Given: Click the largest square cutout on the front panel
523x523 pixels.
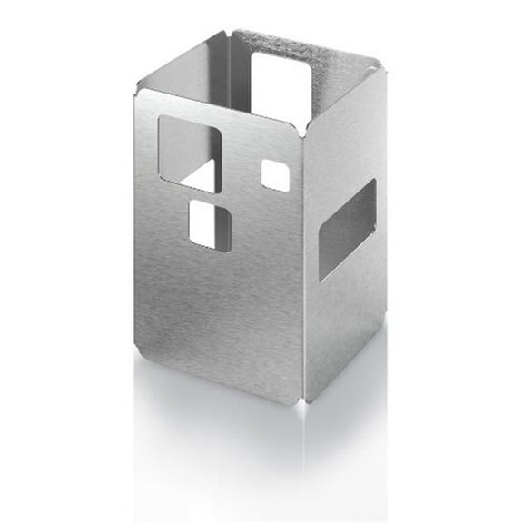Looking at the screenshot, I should (190, 152).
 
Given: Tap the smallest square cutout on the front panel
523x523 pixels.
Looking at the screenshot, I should (275, 175).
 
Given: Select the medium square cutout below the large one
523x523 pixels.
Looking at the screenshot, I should (210, 224).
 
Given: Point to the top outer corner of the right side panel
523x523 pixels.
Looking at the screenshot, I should (378, 63).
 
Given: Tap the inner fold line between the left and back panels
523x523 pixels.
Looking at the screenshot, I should (230, 73).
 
